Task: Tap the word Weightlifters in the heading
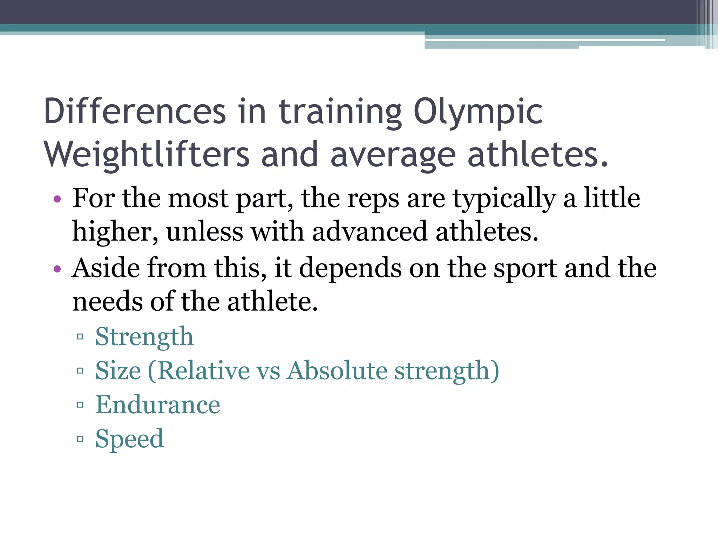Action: point(147,154)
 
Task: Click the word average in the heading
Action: point(393,154)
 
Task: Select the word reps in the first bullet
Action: point(373,199)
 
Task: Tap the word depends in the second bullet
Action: point(350,268)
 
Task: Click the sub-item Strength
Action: point(144,337)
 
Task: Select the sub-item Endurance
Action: point(158,405)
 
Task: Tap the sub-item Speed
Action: point(129,439)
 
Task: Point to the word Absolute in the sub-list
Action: point(337,371)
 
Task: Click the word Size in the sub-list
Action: point(118,371)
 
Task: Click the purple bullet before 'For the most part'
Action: point(57,200)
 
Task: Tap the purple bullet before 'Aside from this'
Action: point(57,269)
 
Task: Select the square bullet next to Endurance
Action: point(80,405)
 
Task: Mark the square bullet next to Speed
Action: point(80,439)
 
